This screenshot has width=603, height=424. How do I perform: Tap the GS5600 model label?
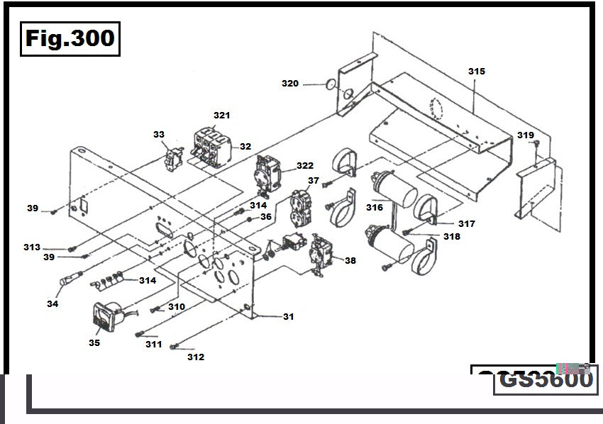tap(545, 379)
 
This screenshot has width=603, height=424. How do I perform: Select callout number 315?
tap(476, 72)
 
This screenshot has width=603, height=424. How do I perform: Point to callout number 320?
tap(290, 84)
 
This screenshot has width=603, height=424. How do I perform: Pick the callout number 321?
tap(222, 115)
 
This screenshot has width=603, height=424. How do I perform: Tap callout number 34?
tap(52, 303)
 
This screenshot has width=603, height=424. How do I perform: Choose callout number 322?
tap(305, 166)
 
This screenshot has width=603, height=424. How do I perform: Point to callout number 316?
tap(375, 208)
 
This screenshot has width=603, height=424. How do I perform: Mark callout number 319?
tap(525, 135)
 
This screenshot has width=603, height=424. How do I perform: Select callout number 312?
tap(196, 357)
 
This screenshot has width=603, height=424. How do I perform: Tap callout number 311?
tap(154, 345)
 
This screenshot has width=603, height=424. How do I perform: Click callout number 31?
tap(288, 317)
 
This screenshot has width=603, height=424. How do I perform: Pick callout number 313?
tap(31, 247)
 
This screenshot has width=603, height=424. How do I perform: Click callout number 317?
tap(466, 224)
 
